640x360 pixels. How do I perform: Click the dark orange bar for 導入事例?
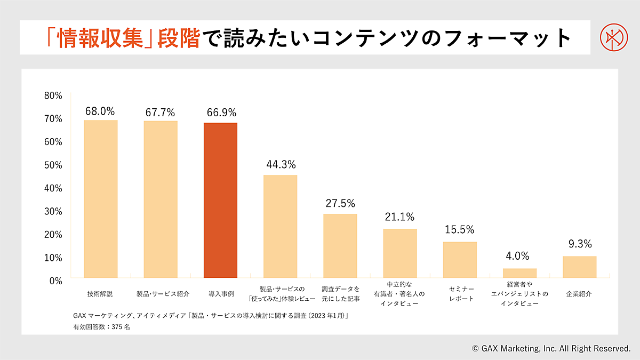pos(221,200)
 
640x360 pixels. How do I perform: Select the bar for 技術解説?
pos(101,198)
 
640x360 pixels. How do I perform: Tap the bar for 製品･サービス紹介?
pos(161,199)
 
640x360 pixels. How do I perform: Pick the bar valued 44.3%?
pos(281,226)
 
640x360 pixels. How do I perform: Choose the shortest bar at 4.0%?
pos(519,273)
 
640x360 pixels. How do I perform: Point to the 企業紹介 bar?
pos(579,267)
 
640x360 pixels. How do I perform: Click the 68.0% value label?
pos(100,111)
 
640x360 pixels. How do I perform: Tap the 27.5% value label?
pos(340,204)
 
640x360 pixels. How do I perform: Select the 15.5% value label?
pos(460,230)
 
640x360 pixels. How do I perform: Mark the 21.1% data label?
pos(400,217)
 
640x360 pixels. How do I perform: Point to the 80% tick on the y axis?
pos(53,96)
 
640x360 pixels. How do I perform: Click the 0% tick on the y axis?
pos(55,281)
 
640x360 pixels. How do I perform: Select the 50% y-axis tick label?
pos(53,165)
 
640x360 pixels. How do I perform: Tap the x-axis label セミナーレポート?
pos(460,293)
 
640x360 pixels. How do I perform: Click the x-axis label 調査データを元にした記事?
pos(341,293)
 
